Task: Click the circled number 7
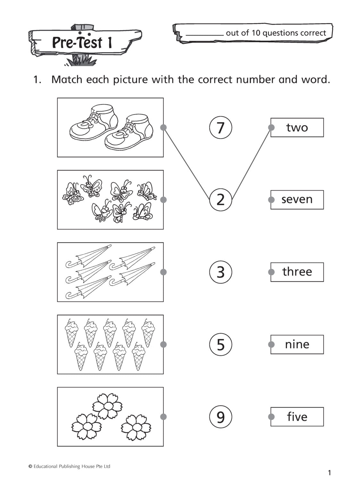221,127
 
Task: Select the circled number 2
221,200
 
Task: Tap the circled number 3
221,272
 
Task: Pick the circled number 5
221,344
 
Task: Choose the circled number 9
221,417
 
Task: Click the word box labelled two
297,127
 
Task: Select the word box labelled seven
297,200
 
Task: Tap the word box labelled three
297,272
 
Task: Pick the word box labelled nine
297,344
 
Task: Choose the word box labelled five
297,417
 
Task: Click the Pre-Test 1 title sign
82,42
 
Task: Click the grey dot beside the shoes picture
163,127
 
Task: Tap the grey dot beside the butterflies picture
163,200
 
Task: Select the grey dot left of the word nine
271,344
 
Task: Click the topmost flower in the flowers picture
107,406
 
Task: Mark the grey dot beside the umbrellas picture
163,272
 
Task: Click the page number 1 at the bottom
329,472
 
